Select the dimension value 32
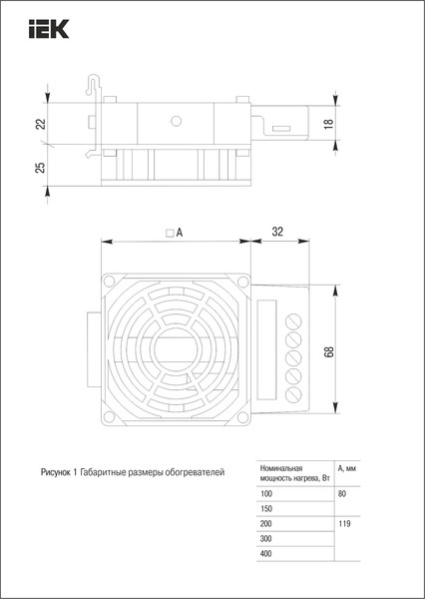[x=278, y=232]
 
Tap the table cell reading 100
[x=265, y=494]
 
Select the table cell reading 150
[x=265, y=509]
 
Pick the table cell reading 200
[x=265, y=523]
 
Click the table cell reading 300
[x=265, y=537]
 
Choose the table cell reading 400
[x=265, y=552]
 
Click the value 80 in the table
[x=343, y=494]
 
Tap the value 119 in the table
[x=345, y=523]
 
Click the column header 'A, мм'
[x=349, y=468]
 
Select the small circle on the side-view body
[x=177, y=121]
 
